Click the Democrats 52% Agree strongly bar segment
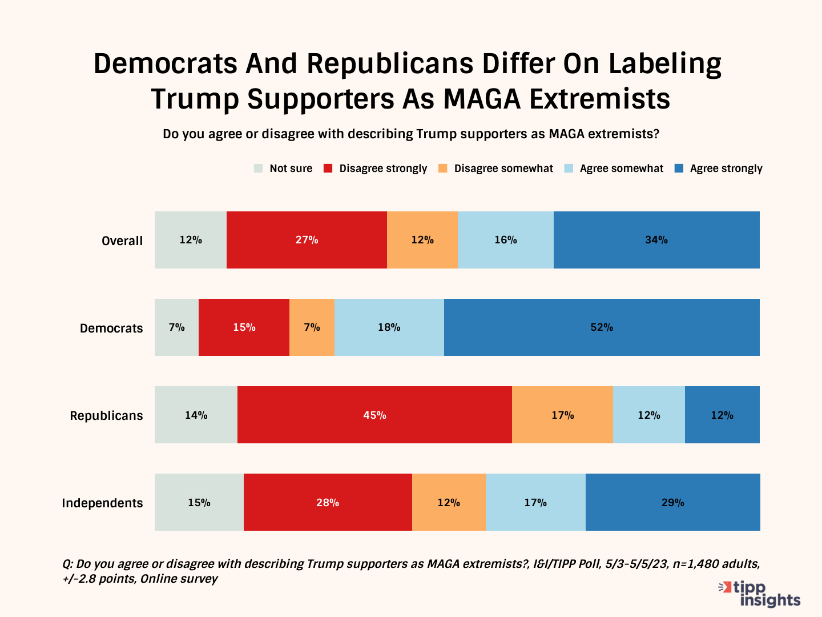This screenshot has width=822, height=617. pos(602,327)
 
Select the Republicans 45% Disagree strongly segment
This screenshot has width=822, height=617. pos(374,415)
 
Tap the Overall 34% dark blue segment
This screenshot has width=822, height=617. pos(656,240)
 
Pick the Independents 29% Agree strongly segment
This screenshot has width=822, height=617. pos(672,502)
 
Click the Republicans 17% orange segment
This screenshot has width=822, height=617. pos(562,415)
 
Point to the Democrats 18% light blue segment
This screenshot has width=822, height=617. pos(389,327)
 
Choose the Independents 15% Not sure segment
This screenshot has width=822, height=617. pos(199,502)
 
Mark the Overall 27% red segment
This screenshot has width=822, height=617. pos(307,240)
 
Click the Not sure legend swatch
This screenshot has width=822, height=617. pos(259,169)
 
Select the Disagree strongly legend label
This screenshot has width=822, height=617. pos(383,169)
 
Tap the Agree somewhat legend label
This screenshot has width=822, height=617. pos(622,169)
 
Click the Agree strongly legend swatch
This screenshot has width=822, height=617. pos(679,169)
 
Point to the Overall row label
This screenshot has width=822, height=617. pos(122,241)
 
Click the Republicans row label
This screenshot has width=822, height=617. pos(106,415)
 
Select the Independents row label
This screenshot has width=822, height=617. pos(102,503)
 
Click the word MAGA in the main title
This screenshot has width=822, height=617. pos(482,99)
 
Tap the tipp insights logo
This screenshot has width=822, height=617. pos(760,594)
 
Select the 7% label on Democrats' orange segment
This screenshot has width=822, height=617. pos(312,327)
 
